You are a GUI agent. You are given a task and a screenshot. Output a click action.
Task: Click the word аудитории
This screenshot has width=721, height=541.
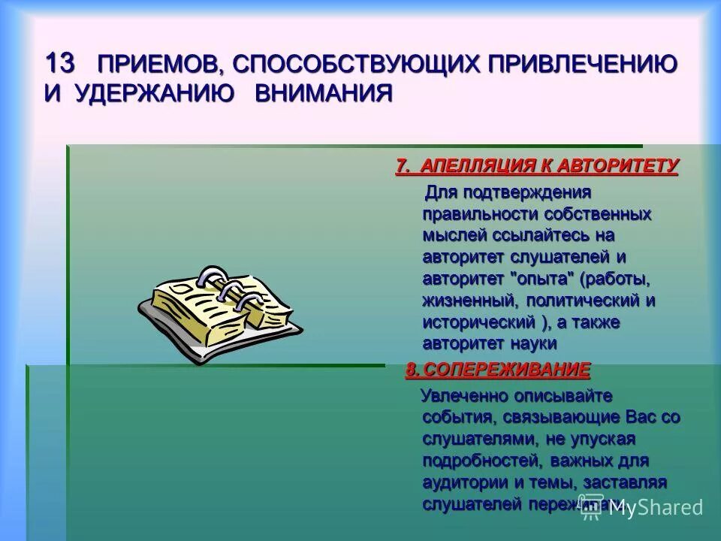coord(466,482)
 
